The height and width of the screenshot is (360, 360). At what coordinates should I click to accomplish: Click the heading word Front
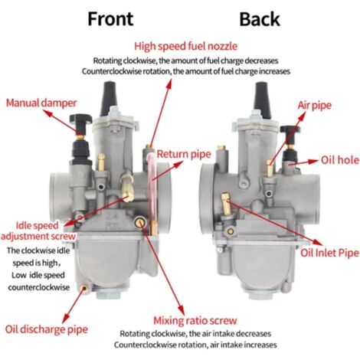(x=110, y=19)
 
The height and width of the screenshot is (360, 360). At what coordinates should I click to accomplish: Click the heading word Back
(x=260, y=19)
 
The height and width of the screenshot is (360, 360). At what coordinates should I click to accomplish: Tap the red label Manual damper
(x=41, y=103)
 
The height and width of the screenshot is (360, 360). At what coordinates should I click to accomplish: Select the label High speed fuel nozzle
(x=185, y=47)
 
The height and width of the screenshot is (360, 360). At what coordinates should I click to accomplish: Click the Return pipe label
(x=184, y=154)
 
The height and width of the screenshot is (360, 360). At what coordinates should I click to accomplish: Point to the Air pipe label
(x=315, y=105)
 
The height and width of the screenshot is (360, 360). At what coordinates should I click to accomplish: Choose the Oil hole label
(x=340, y=160)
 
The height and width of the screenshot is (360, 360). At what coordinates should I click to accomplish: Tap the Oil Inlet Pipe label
(x=329, y=253)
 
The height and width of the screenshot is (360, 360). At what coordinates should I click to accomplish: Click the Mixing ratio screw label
(x=195, y=321)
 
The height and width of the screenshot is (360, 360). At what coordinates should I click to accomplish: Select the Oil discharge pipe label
(x=47, y=329)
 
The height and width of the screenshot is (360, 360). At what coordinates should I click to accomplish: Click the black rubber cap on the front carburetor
(x=109, y=98)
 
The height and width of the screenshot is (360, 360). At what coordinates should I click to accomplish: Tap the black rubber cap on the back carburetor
(x=263, y=100)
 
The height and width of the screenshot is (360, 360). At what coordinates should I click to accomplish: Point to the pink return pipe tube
(x=152, y=190)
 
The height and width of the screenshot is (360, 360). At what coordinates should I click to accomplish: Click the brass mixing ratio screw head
(x=140, y=223)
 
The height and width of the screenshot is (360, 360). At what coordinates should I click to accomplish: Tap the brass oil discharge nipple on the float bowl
(x=84, y=288)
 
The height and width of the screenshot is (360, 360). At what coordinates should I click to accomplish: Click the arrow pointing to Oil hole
(x=303, y=163)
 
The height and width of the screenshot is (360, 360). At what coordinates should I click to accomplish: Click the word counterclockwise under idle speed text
(x=39, y=287)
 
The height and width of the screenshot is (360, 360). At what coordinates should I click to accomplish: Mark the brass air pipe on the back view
(x=270, y=169)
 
